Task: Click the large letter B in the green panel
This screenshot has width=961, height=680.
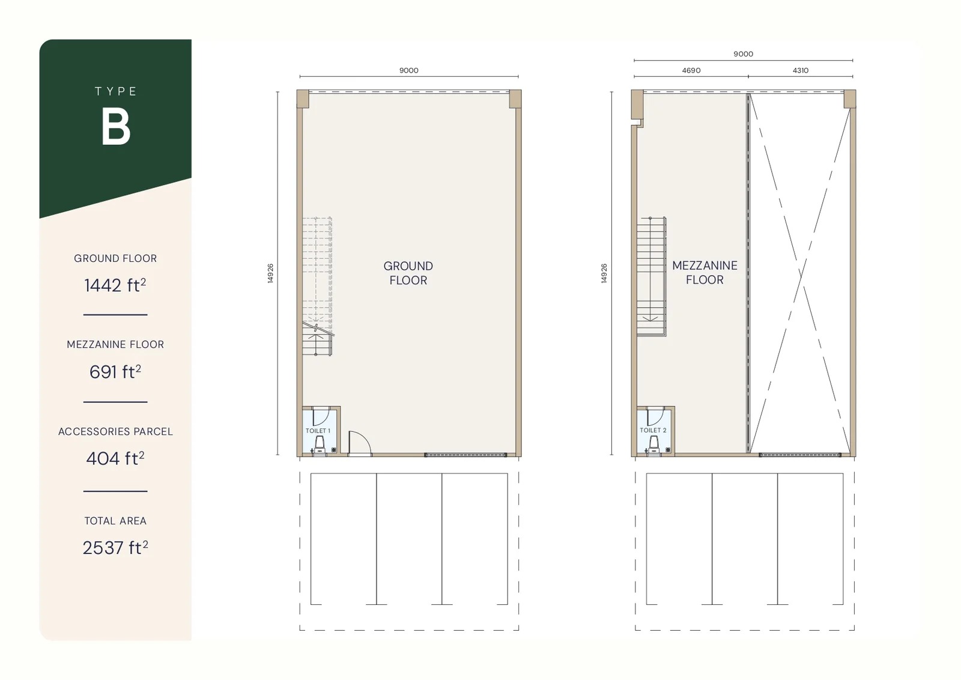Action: coord(116,127)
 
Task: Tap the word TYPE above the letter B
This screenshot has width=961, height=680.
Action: coord(116,91)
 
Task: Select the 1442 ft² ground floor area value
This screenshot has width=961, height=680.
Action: coord(115,285)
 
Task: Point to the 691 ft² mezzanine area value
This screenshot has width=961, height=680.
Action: coord(115,372)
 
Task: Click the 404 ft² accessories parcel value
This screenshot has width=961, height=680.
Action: coord(115,458)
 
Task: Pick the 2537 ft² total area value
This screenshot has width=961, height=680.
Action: coord(115,547)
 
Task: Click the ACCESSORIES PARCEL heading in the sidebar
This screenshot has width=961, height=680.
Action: coord(115,431)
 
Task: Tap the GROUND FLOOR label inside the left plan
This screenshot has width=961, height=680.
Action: coord(408,273)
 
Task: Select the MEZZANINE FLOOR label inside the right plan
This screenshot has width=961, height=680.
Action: coord(705,272)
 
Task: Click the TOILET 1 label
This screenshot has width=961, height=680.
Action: coord(318,431)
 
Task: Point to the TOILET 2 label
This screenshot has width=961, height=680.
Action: coord(653,430)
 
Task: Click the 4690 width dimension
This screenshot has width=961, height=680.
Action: coord(691,70)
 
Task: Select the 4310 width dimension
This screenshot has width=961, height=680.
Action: coord(801,70)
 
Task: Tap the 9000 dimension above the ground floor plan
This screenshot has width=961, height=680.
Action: coord(409,70)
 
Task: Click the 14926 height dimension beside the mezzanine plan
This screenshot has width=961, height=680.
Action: coord(604,273)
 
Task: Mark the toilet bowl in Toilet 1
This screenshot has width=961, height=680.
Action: coord(320,445)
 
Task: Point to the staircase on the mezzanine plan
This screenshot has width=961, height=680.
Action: coord(652,276)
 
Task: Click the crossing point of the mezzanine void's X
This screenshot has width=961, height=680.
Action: coord(801,273)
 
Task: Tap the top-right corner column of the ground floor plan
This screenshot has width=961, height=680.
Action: coord(515,99)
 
